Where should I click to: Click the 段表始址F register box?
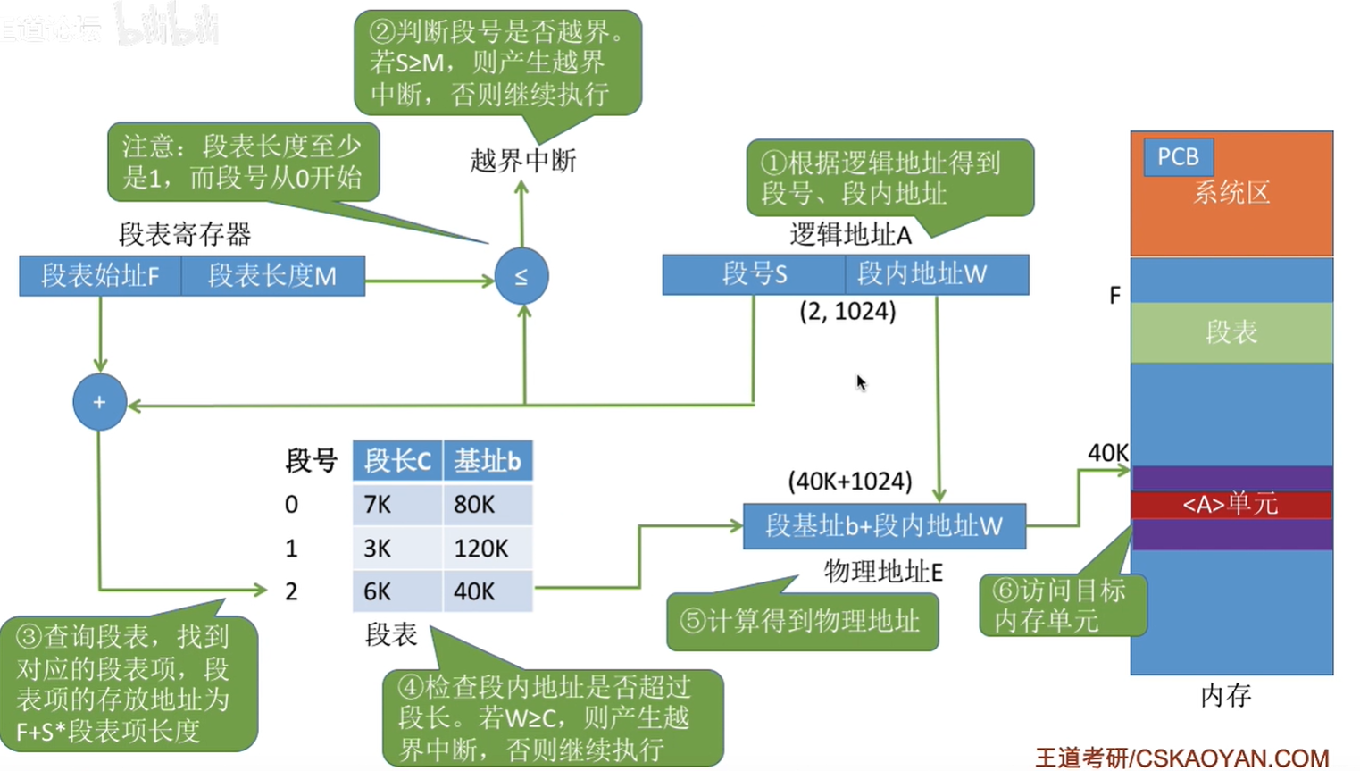(100, 276)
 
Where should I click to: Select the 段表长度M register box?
(273, 276)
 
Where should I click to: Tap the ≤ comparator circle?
(521, 276)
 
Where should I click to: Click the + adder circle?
(100, 402)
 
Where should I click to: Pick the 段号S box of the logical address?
(754, 274)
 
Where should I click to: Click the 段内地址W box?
(937, 274)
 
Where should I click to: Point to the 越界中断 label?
(522, 161)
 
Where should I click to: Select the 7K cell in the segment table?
(397, 504)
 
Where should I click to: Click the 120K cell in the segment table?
(488, 548)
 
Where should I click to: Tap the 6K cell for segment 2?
(397, 591)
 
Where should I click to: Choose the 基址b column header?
(488, 461)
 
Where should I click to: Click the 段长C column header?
(397, 461)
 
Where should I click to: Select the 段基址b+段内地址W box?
(885, 526)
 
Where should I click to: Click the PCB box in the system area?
(1179, 157)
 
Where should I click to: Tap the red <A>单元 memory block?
(1231, 505)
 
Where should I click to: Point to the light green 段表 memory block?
(1231, 332)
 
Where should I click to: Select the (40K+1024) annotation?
(850, 482)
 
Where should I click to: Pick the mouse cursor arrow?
(862, 382)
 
